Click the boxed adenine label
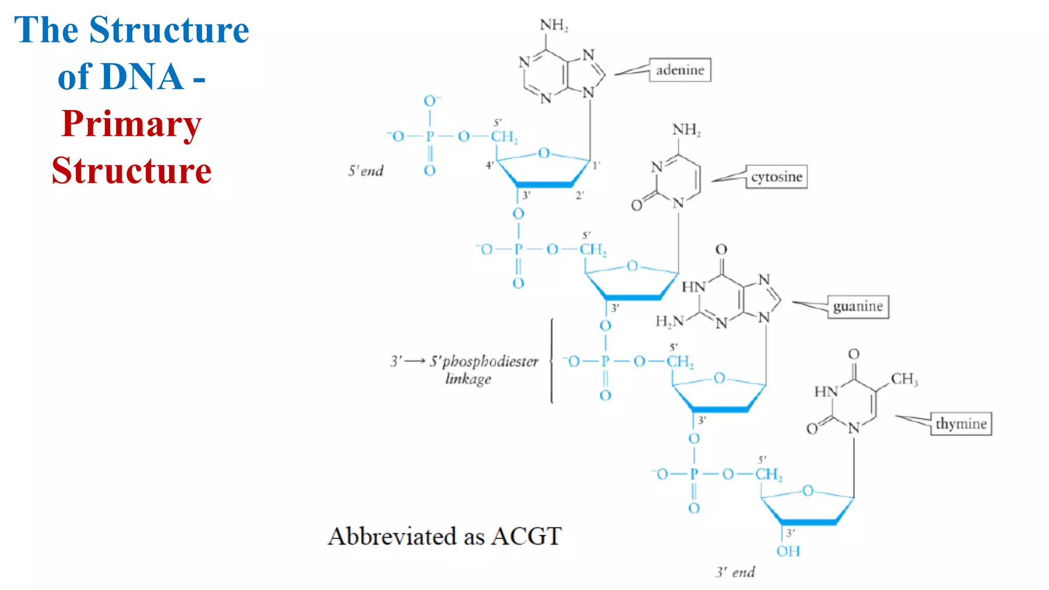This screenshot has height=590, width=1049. pyautogui.click(x=680, y=70)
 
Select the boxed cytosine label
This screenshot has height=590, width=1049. pyautogui.click(x=776, y=177)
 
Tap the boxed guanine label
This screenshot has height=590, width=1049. pyautogui.click(x=857, y=306)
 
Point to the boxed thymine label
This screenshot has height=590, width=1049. pyautogui.click(x=960, y=424)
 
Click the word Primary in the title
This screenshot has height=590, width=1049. pyautogui.click(x=131, y=124)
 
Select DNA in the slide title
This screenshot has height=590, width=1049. pyautogui.click(x=120, y=77)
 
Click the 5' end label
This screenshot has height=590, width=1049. pyautogui.click(x=366, y=171)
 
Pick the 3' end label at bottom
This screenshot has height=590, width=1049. pyautogui.click(x=735, y=572)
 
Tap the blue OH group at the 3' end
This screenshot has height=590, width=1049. pyautogui.click(x=788, y=551)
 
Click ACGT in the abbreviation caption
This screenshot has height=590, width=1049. pyautogui.click(x=526, y=536)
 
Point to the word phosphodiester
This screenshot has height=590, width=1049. pyautogui.click(x=490, y=362)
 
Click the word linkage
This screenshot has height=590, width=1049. pyautogui.click(x=468, y=379)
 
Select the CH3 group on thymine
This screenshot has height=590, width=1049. pyautogui.click(x=904, y=379)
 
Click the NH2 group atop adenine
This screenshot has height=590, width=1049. pyautogui.click(x=554, y=25)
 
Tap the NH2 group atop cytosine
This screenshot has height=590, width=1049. pyautogui.click(x=686, y=130)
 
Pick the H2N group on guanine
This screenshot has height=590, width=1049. pyautogui.click(x=669, y=321)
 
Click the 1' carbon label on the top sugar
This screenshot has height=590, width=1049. pyautogui.click(x=596, y=165)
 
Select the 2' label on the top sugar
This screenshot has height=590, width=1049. pyautogui.click(x=580, y=195)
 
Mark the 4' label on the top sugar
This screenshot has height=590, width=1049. pyautogui.click(x=490, y=165)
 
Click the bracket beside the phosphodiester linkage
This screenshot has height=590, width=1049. pyautogui.click(x=552, y=361)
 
